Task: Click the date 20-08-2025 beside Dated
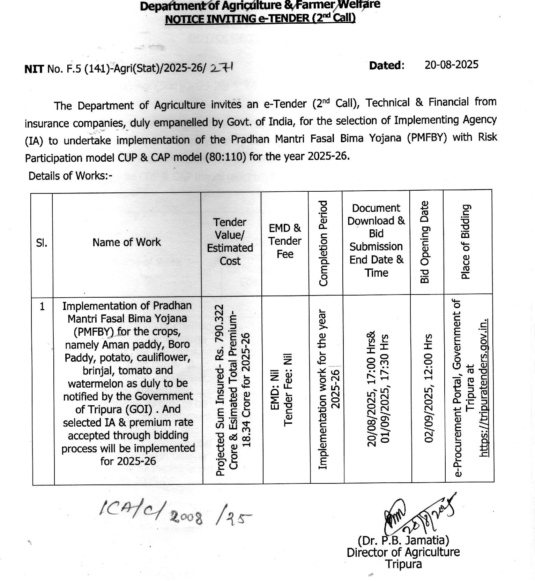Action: (x=451, y=65)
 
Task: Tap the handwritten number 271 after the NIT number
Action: (x=222, y=67)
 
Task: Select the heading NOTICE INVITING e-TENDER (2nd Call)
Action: (x=260, y=18)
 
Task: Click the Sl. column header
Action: (x=42, y=243)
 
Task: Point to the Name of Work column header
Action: (x=127, y=242)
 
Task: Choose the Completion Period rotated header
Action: (x=324, y=243)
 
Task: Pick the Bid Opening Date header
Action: (x=425, y=242)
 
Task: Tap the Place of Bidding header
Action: (x=466, y=242)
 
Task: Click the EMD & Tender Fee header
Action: (x=285, y=241)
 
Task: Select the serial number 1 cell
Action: (x=42, y=306)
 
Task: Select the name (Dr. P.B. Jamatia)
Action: (x=403, y=540)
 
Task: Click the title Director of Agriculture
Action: (x=403, y=552)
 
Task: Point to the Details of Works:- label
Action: (x=70, y=176)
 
